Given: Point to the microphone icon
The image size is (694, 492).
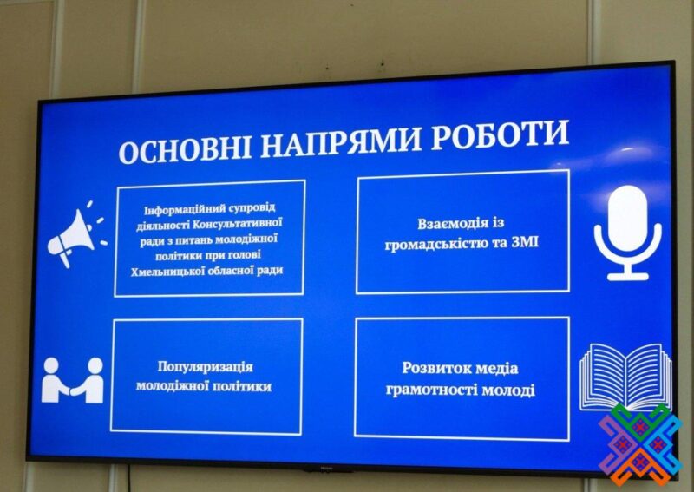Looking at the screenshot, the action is (x=627, y=233).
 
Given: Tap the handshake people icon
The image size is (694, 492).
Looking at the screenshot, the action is (x=73, y=380).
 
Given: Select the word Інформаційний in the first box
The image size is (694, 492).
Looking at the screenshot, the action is (x=187, y=209).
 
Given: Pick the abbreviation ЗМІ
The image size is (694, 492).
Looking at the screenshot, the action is (x=526, y=242).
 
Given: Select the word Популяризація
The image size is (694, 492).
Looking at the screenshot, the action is (x=206, y=367).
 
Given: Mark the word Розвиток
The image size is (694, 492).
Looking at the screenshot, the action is (x=432, y=369).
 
